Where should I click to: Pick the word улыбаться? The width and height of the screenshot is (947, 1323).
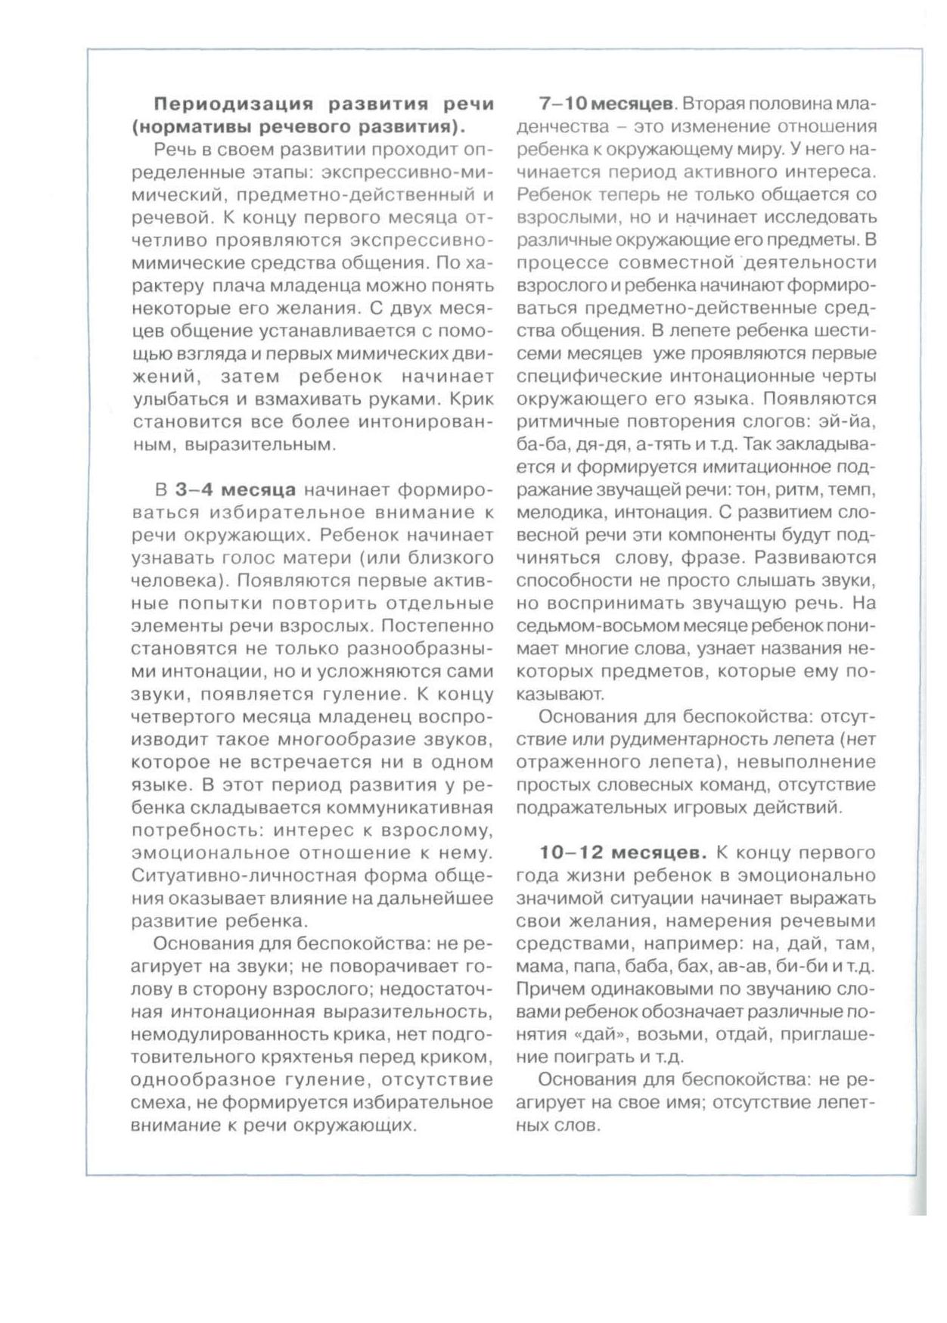[173, 399]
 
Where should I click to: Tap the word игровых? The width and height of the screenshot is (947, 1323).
[711, 807]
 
